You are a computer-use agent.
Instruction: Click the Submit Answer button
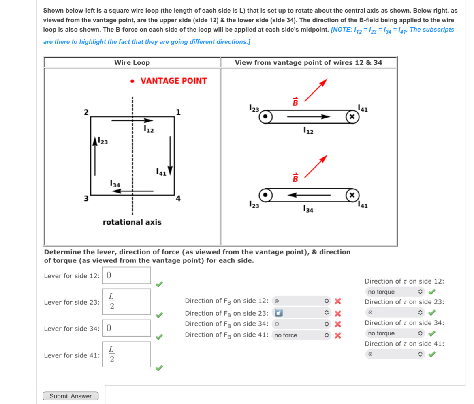click(x=70, y=396)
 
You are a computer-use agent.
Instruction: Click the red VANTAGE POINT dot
click(x=132, y=81)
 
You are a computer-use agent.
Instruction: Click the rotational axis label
click(x=132, y=222)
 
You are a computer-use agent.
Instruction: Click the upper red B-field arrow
click(x=315, y=89)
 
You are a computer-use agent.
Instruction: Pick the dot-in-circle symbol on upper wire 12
click(x=265, y=117)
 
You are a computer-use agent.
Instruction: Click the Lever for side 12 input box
click(x=127, y=275)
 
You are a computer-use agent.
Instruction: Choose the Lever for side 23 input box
click(x=127, y=302)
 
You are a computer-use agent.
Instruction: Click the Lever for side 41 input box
click(x=127, y=355)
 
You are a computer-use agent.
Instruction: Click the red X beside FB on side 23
click(x=337, y=313)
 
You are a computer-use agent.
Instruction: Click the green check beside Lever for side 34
click(x=160, y=336)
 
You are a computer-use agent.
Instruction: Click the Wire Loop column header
click(x=132, y=62)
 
